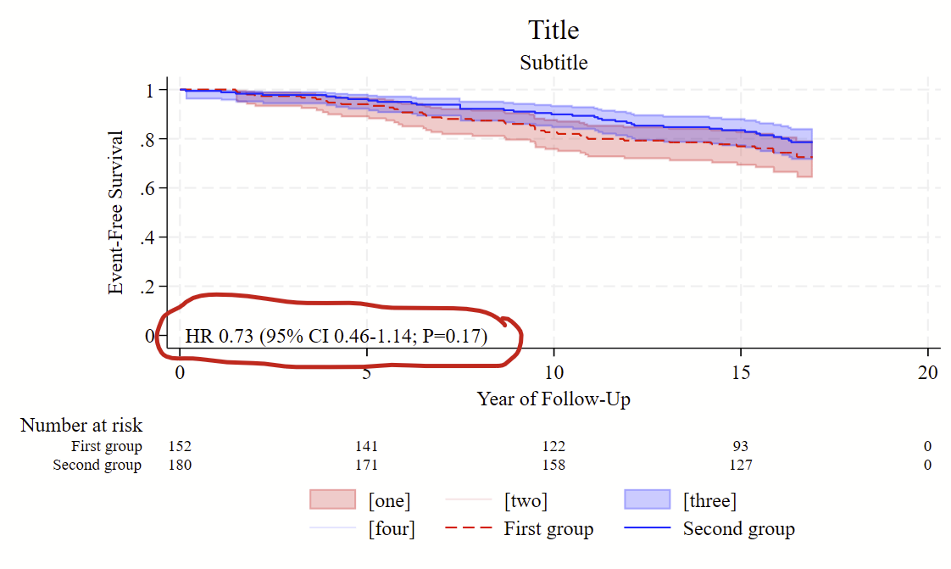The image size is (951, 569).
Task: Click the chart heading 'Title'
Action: click(553, 31)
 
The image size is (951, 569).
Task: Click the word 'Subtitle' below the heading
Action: click(553, 63)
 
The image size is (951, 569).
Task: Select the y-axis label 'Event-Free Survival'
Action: click(116, 212)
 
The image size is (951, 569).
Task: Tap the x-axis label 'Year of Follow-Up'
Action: click(553, 399)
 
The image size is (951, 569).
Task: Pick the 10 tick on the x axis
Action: click(553, 373)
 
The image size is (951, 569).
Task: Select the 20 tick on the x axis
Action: click(928, 373)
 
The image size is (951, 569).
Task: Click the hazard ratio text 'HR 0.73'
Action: click(220, 337)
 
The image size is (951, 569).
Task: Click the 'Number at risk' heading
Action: click(81, 426)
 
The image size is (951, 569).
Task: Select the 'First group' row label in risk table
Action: click(107, 446)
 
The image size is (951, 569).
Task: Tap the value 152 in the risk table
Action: click(180, 446)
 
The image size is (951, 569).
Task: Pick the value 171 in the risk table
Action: click(366, 465)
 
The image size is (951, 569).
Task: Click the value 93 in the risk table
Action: click(741, 446)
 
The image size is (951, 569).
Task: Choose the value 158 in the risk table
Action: click(553, 465)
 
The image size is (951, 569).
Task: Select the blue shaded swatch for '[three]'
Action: click(648, 500)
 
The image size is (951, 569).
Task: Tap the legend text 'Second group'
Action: click(738, 529)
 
